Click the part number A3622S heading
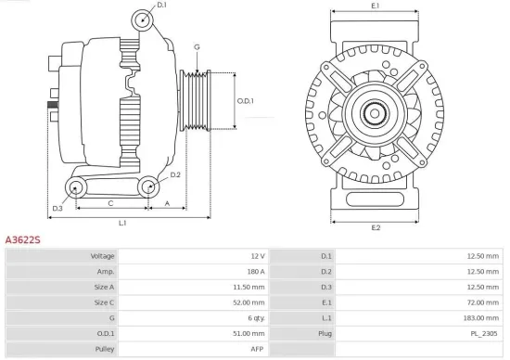pos(23,239)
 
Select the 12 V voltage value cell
pos(257,255)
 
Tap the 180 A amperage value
pos(255,271)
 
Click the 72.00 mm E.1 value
pos(482,302)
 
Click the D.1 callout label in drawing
pos(161,6)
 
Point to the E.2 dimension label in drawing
pos(376,227)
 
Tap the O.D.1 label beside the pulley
pos(245,100)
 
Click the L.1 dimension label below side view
pos(122,223)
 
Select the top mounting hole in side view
pos(140,21)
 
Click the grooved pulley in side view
pos(198,100)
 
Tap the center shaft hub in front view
pos(376,114)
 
